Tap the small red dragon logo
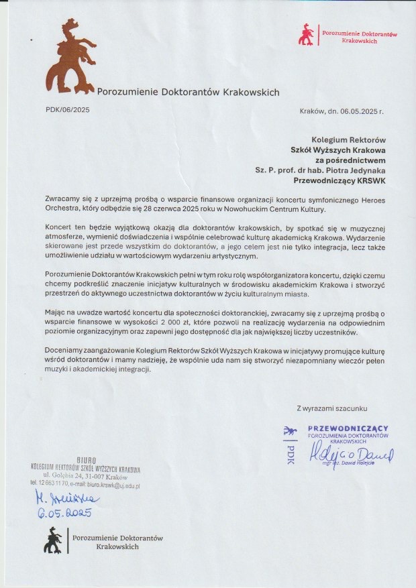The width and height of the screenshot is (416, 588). [x=307, y=34]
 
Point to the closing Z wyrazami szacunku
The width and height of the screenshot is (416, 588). [x=332, y=408]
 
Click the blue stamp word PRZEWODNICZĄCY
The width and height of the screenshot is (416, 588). [x=348, y=428]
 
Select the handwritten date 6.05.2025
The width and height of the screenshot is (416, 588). [x=64, y=513]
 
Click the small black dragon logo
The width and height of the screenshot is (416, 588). [x=54, y=540]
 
